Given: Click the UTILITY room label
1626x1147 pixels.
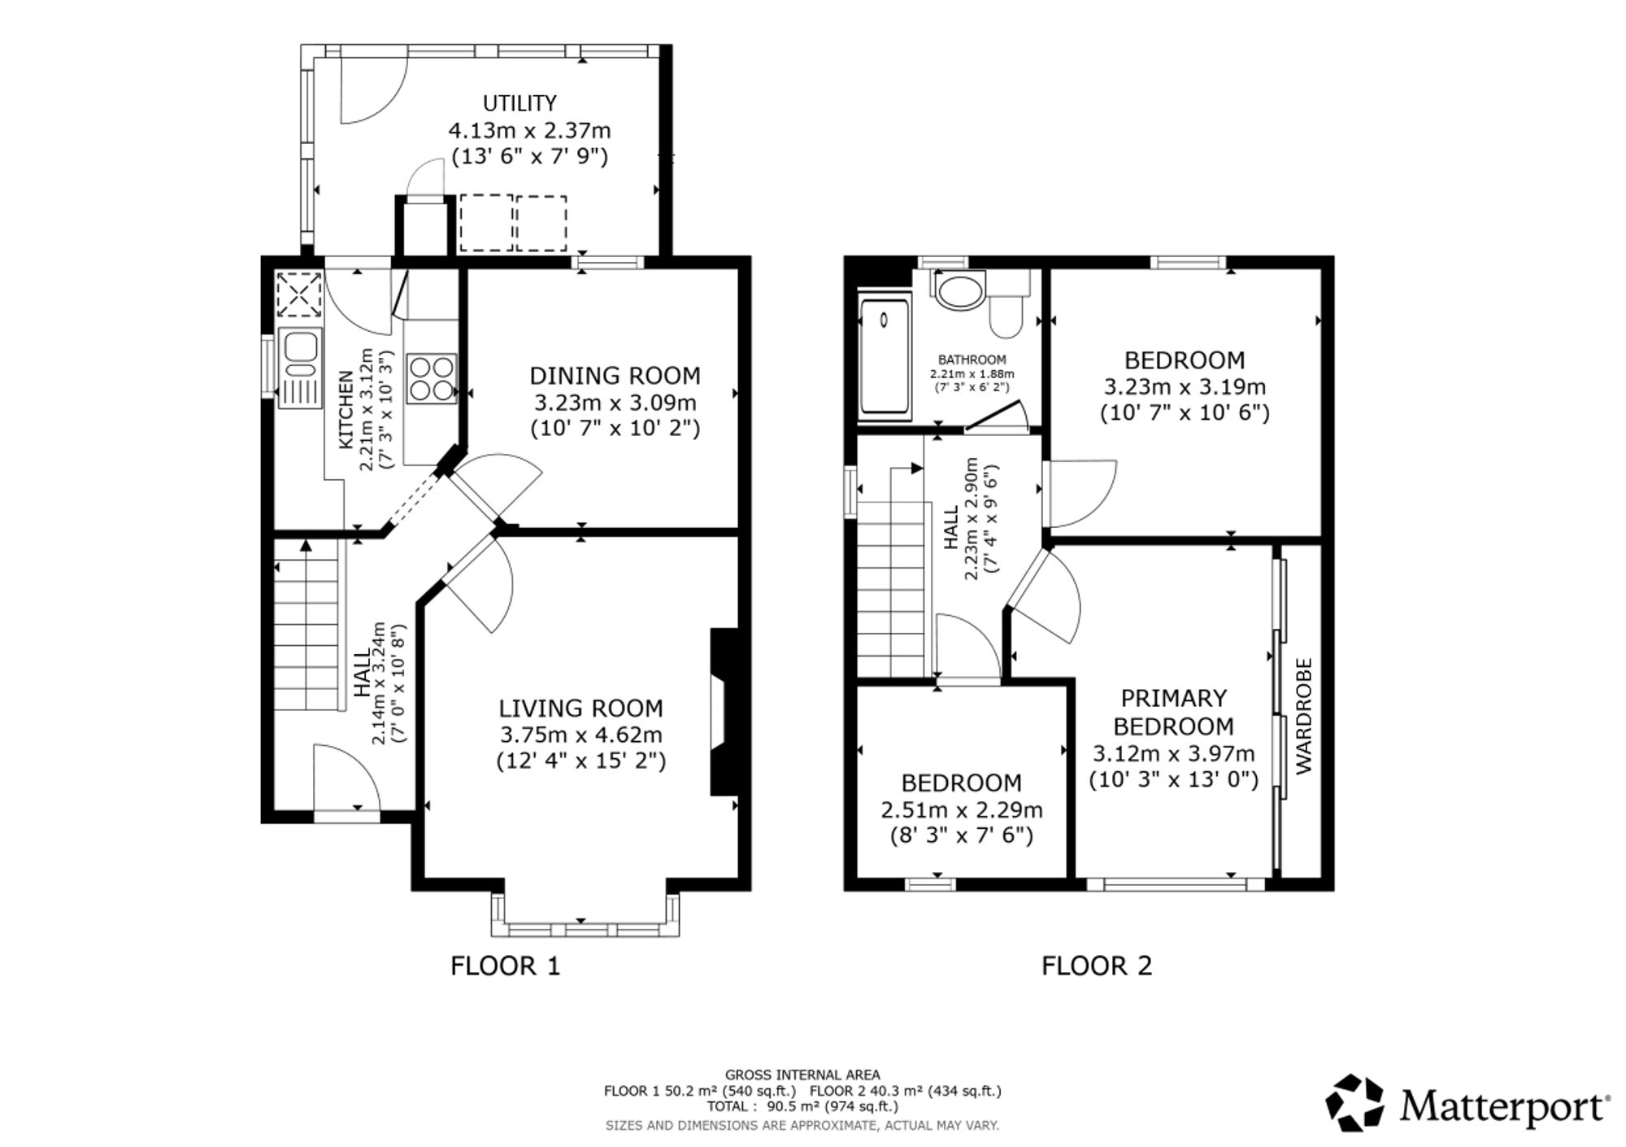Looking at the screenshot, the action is (520, 103).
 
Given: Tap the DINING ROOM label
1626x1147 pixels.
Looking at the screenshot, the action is (615, 376).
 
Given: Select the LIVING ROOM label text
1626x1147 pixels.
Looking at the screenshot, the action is (580, 709).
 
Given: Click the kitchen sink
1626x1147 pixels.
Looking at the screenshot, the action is (300, 367).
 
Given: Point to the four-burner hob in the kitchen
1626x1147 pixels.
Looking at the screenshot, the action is (432, 377).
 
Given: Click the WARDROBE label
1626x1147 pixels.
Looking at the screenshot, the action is (1303, 716).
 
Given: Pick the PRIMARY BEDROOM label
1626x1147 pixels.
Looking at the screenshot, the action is (1173, 712).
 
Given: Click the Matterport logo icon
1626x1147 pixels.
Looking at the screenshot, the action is (1354, 1102).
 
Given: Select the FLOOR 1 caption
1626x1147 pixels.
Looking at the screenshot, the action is (506, 966).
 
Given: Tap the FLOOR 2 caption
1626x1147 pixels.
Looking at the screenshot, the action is (1097, 966).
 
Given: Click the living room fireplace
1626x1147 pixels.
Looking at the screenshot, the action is (723, 711).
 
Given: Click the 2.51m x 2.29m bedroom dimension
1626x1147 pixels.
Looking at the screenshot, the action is (962, 810).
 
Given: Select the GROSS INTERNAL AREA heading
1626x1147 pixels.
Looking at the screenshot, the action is (802, 1075).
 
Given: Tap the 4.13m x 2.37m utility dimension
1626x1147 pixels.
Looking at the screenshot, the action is (529, 130).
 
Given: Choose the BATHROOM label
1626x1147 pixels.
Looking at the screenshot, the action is (972, 360).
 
